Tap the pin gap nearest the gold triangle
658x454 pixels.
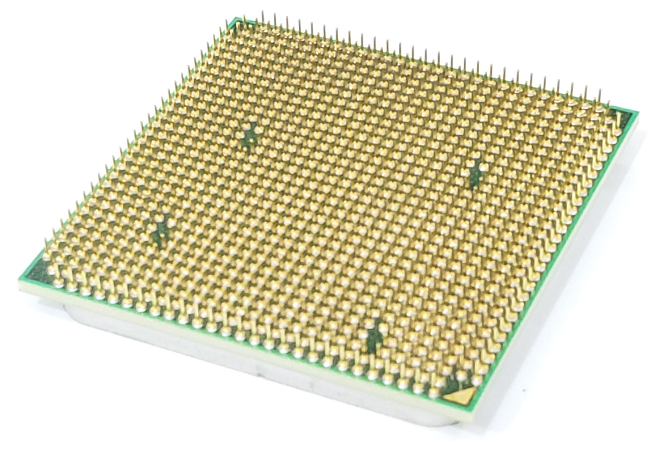(374, 337)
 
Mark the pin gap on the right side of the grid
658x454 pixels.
(476, 173)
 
